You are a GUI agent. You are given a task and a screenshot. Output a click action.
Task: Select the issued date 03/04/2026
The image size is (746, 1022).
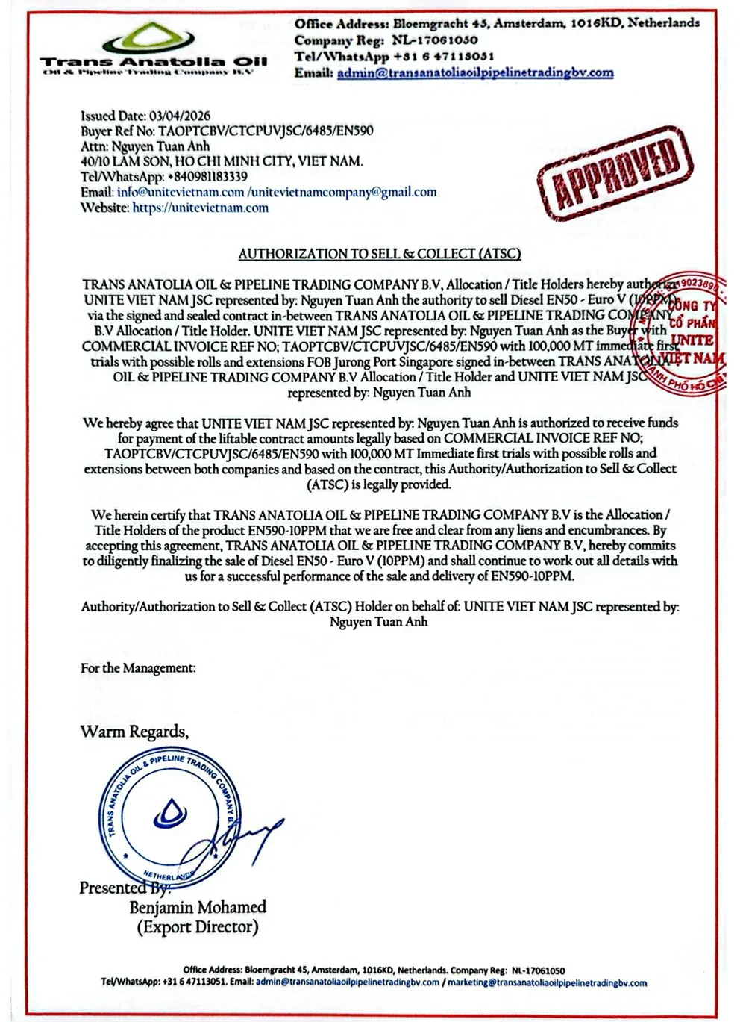pyautogui.click(x=180, y=116)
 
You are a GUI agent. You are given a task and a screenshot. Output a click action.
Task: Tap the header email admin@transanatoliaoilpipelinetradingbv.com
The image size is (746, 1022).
pyautogui.click(x=475, y=72)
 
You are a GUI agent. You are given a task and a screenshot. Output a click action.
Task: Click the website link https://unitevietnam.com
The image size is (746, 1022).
pyautogui.click(x=200, y=208)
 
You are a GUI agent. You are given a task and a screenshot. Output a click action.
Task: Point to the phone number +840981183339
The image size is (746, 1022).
pyautogui.click(x=208, y=177)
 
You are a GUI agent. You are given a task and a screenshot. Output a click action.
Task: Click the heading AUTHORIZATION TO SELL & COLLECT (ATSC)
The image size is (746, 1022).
pyautogui.click(x=380, y=254)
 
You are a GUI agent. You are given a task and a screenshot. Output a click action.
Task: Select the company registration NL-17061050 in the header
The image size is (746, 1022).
pyautogui.click(x=435, y=40)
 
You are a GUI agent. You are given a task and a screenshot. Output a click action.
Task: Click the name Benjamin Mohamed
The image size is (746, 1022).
pyautogui.click(x=198, y=907)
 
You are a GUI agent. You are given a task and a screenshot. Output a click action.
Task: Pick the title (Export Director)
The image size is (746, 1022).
pyautogui.click(x=198, y=927)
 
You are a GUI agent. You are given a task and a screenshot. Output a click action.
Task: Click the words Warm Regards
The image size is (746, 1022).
pyautogui.click(x=134, y=732)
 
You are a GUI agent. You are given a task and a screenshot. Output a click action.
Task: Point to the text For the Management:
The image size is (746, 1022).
pyautogui.click(x=138, y=668)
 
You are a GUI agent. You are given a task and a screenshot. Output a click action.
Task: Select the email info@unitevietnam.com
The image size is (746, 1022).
pyautogui.click(x=181, y=192)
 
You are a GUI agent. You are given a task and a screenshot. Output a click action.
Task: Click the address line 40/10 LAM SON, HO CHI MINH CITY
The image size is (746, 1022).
pyautogui.click(x=222, y=161)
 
